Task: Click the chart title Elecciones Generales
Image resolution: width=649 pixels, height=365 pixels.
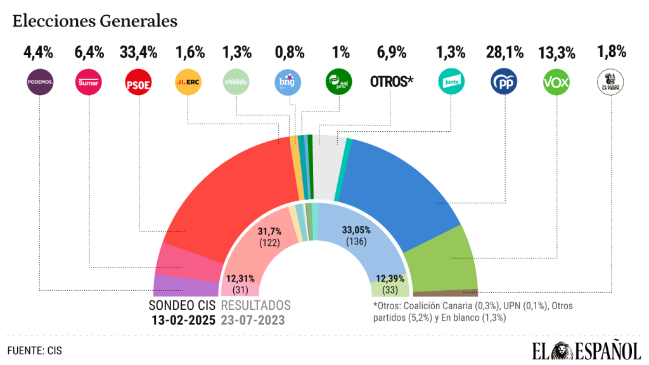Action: pos(94,21)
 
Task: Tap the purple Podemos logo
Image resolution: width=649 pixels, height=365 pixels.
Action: pos(39,82)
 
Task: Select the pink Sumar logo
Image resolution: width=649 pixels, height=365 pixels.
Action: pos(89,82)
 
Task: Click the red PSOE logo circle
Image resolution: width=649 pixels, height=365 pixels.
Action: pos(138,82)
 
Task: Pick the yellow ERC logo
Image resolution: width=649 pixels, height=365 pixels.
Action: pos(188,82)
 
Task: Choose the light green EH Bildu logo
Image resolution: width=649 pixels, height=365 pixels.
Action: pos(237,82)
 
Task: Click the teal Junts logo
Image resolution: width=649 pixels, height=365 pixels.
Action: pos(451,82)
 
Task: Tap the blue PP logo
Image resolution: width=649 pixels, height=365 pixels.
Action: pos(504,82)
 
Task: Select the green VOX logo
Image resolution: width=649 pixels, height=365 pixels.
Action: pos(556,82)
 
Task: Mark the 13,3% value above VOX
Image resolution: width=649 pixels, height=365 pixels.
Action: pos(556,52)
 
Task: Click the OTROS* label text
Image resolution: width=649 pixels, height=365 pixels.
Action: pos(391,82)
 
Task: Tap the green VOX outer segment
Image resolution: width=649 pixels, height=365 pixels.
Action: pos(444,260)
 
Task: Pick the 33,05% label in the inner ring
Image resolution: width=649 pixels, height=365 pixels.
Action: pos(356,230)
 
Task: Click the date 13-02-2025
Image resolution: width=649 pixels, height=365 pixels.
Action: pos(183,319)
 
